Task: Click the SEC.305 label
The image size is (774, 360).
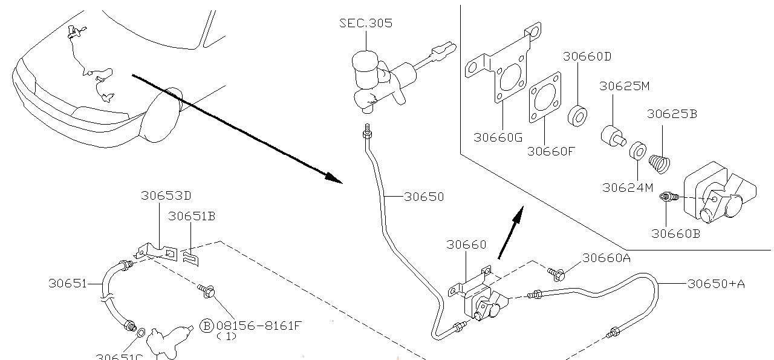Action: click(x=365, y=23)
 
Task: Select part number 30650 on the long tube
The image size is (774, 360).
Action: click(x=424, y=196)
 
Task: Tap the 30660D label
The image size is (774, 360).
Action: click(x=587, y=56)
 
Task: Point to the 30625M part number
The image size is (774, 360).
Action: click(x=624, y=86)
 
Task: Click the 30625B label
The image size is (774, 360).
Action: click(x=672, y=114)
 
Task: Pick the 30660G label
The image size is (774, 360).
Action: click(x=498, y=137)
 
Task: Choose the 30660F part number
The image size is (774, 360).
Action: click(x=551, y=151)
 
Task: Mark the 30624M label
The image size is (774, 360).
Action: click(x=628, y=188)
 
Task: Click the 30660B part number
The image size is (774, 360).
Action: click(x=675, y=233)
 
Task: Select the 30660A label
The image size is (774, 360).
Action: click(x=607, y=258)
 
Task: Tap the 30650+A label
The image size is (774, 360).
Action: click(x=716, y=283)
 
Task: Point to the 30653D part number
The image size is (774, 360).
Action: click(x=166, y=195)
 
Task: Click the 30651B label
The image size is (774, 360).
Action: click(x=192, y=216)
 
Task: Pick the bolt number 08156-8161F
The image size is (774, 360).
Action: click(x=258, y=326)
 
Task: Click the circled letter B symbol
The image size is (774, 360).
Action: click(x=207, y=326)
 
